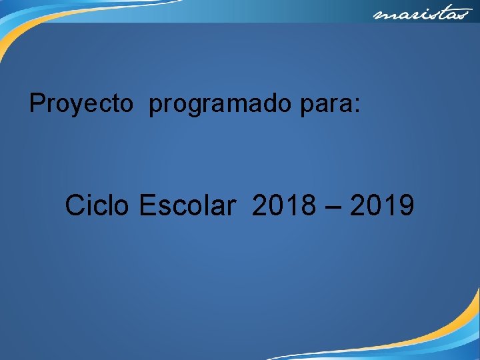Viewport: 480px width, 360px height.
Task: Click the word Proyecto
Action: click(81, 104)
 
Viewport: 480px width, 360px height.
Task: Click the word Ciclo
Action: click(98, 206)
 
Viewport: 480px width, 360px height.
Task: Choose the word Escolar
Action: click(187, 206)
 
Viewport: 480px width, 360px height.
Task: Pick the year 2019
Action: click(381, 206)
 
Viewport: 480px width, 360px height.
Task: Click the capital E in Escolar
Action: click(147, 206)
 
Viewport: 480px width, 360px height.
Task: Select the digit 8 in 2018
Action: click(307, 206)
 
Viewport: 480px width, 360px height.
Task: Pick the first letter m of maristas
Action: click(381, 15)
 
